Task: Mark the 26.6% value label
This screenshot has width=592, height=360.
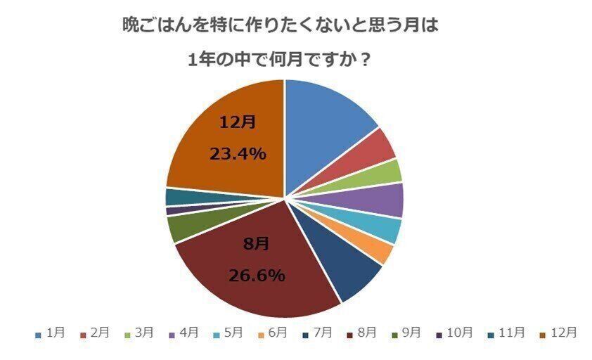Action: [x=257, y=275]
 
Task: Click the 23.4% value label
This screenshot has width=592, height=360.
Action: [x=238, y=153]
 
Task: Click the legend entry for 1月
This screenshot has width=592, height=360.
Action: [x=50, y=333]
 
